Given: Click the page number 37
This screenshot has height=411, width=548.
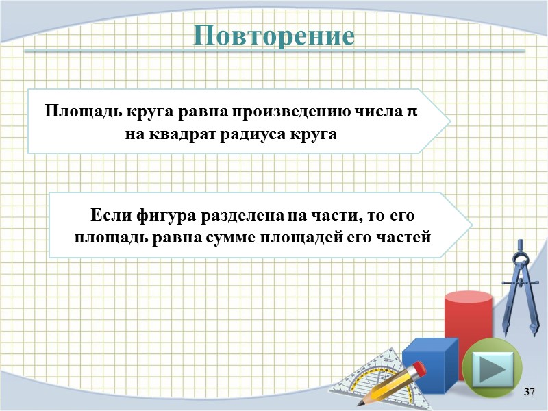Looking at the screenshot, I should pyautogui.click(x=528, y=391).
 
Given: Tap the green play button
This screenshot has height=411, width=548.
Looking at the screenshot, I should pyautogui.click(x=493, y=369).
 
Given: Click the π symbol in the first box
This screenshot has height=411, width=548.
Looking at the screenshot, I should pyautogui.click(x=412, y=111).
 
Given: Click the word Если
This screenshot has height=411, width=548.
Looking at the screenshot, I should pyautogui.click(x=108, y=216).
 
